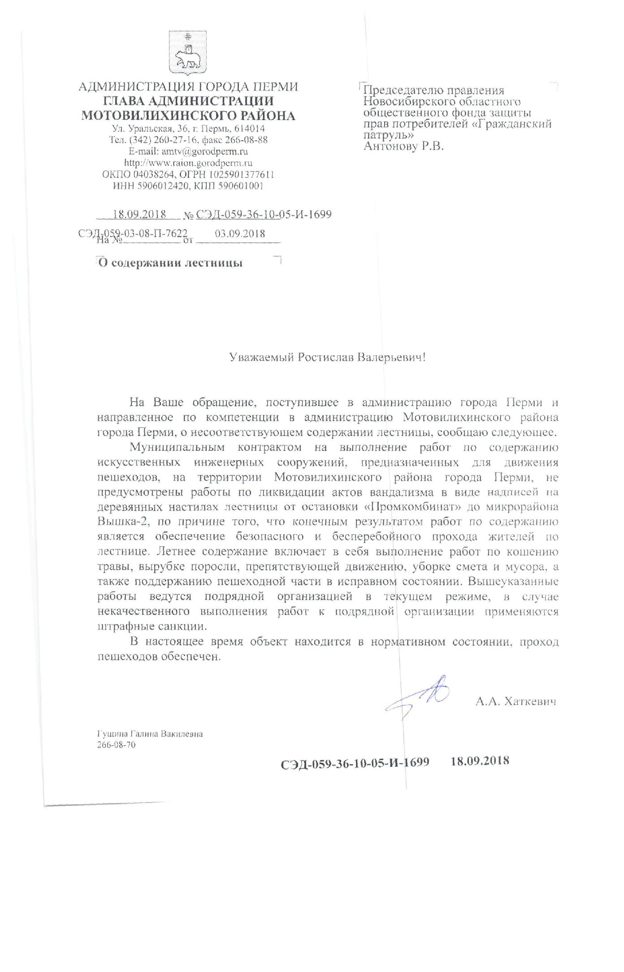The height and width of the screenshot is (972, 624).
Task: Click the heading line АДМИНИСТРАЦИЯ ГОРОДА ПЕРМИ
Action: coord(188,87)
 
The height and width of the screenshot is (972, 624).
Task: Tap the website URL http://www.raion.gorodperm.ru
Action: coord(188,163)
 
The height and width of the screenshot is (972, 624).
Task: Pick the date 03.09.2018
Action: coord(240,233)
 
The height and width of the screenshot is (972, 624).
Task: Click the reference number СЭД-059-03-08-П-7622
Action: coord(133,233)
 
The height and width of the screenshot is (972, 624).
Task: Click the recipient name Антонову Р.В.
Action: coord(403,146)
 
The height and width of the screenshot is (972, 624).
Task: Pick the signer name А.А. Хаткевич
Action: coord(516,702)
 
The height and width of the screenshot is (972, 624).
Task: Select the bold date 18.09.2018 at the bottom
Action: coord(480,760)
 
